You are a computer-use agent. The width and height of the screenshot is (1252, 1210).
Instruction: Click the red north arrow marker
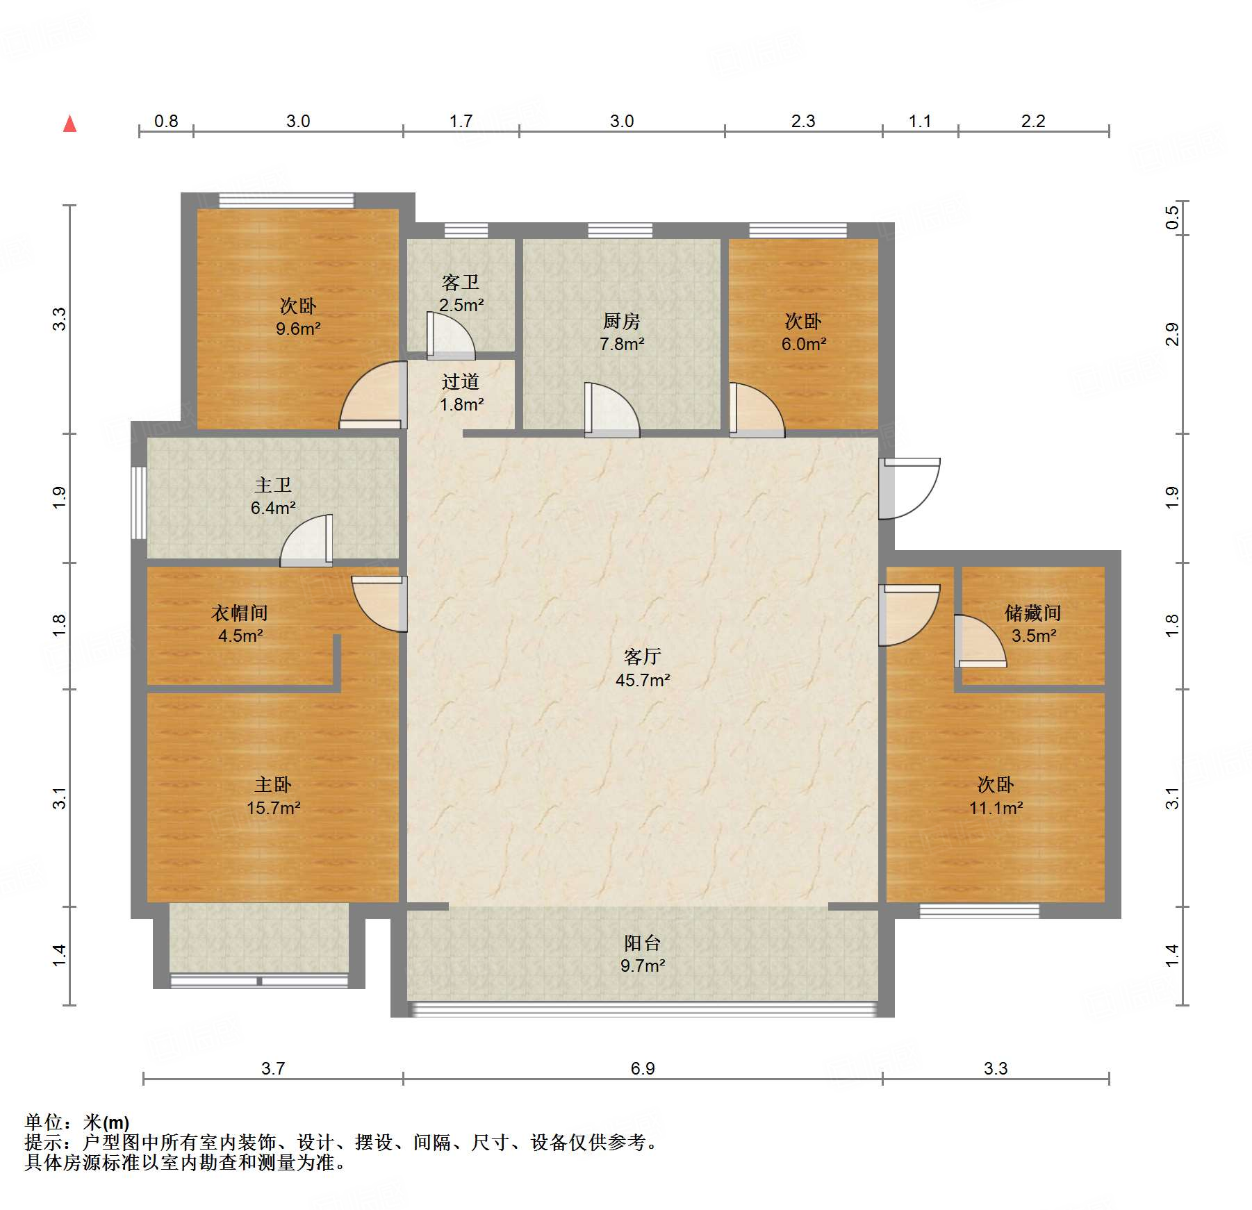[69, 124]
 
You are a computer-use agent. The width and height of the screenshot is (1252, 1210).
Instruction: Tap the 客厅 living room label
[642, 657]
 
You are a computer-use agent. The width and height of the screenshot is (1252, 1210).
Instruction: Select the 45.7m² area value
[643, 681]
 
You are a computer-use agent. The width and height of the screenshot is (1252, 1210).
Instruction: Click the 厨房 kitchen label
[621, 322]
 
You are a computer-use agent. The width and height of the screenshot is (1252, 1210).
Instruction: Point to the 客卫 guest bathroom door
[450, 336]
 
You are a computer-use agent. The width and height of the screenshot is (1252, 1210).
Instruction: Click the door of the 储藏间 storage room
[980, 641]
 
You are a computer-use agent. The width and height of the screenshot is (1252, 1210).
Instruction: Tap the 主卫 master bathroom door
[306, 540]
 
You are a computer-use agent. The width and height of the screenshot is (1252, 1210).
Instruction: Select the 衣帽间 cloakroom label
[239, 613]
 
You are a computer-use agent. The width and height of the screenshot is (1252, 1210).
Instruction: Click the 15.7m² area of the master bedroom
[273, 808]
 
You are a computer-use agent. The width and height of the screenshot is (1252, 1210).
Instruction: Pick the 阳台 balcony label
[642, 943]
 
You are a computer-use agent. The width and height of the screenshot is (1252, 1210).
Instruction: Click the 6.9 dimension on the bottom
[643, 1068]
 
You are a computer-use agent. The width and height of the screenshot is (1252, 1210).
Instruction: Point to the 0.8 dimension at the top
[166, 121]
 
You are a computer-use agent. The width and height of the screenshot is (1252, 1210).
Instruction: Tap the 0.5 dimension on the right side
[1172, 217]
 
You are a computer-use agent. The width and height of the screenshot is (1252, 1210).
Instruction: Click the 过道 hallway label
[461, 381]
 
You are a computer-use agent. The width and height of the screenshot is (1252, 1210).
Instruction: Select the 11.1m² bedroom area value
[996, 808]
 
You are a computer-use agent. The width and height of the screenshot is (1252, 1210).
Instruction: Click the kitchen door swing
[611, 410]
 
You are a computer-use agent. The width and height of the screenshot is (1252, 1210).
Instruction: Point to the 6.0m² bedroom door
[757, 410]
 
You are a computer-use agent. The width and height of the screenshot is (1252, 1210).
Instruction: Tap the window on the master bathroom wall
[139, 502]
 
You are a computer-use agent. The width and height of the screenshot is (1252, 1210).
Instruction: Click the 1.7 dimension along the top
[461, 121]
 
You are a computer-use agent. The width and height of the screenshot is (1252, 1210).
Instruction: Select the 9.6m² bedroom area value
[298, 329]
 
